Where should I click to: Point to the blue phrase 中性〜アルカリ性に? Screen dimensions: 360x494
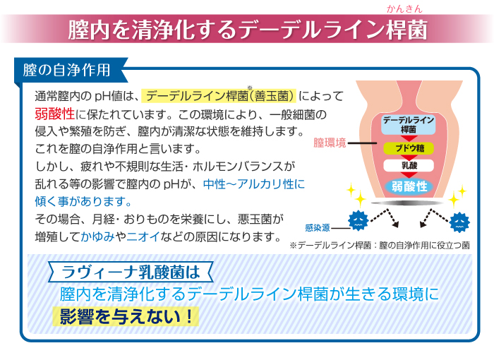(x=254, y=184)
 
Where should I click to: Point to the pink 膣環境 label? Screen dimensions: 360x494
(x=330, y=143)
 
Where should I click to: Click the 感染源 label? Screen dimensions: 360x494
(x=317, y=227)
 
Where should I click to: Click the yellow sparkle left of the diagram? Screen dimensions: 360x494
(x=355, y=194)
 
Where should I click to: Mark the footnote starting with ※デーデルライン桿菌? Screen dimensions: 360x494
(x=380, y=245)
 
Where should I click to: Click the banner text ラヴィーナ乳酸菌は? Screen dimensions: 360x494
(x=132, y=271)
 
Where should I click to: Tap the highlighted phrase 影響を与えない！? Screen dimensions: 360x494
(x=125, y=316)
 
